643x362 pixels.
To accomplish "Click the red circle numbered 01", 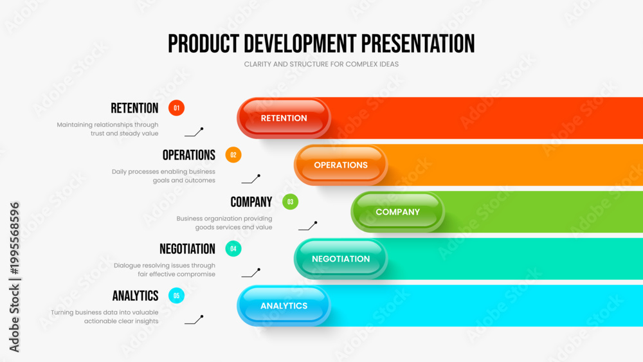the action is click(x=176, y=108).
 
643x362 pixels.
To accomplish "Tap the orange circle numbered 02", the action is click(x=233, y=155).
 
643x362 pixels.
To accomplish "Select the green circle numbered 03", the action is click(x=291, y=202).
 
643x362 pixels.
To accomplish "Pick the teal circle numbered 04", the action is click(x=233, y=248).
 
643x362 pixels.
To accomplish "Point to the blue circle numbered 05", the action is click(x=176, y=296).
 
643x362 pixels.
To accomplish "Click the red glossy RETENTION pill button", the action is click(x=284, y=118).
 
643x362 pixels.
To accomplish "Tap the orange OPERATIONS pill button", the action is click(x=341, y=165).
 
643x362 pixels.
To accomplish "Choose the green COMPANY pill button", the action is click(x=398, y=212).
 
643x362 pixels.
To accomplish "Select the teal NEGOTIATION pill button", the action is click(x=341, y=258).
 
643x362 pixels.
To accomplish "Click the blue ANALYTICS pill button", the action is click(x=284, y=306).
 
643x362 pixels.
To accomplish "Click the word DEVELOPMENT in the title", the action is click(x=300, y=44).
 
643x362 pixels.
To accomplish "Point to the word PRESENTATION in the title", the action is click(x=418, y=44).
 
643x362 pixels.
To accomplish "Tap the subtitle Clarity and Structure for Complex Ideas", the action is click(x=321, y=64).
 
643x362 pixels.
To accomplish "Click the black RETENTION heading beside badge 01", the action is click(x=134, y=108).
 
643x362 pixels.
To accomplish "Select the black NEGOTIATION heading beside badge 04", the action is click(x=187, y=249).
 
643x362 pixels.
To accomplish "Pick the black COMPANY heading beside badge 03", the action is click(x=251, y=202).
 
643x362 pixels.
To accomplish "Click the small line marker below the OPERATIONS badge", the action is click(x=251, y=179).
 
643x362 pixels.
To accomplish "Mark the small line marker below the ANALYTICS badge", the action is click(x=194, y=320).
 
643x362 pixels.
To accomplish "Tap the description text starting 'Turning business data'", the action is click(x=105, y=316).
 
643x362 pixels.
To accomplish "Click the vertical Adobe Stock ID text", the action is click(x=14, y=277).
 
